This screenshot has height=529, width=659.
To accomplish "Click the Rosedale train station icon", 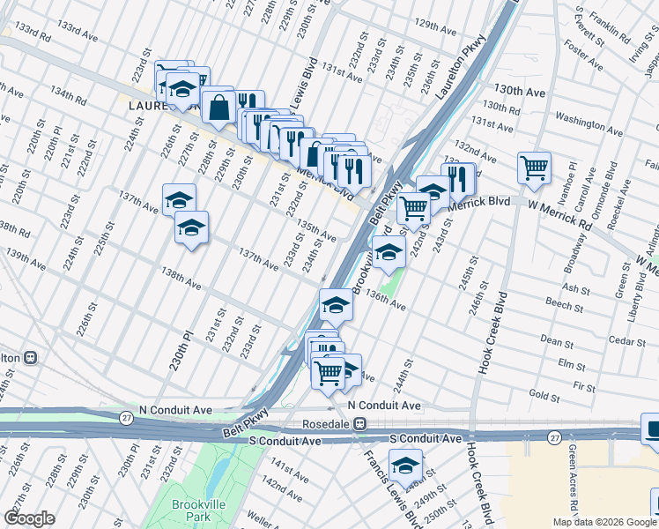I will [x=359, y=424].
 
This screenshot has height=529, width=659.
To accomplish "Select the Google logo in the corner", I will [x=29, y=518].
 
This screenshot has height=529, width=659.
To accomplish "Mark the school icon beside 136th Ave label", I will [x=336, y=304].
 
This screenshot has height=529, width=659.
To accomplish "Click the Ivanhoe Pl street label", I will [x=572, y=179].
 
